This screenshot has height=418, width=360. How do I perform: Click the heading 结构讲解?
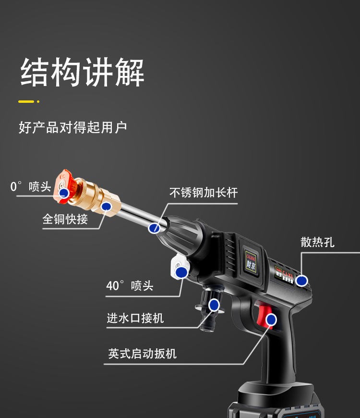(82, 73)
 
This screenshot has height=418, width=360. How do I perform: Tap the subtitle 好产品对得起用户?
(72, 128)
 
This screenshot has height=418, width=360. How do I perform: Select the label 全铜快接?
(65, 219)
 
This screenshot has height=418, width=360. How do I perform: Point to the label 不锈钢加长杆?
(204, 193)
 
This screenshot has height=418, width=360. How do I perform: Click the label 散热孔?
(317, 242)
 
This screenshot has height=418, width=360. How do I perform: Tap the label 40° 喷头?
(130, 285)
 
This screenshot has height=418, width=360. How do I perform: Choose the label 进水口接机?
(135, 318)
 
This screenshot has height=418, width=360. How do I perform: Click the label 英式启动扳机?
(142, 354)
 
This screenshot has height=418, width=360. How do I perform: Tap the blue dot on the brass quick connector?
(107, 206)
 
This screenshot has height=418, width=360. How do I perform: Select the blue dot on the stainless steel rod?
(154, 228)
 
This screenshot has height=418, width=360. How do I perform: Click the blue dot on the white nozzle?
(181, 273)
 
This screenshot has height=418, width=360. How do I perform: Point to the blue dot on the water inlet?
(214, 305)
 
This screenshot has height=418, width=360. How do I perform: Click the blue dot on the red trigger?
(272, 319)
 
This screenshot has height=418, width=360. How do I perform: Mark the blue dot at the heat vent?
(301, 281)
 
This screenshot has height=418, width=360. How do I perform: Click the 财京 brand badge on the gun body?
(252, 260)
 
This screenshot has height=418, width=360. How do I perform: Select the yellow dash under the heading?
(26, 101)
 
